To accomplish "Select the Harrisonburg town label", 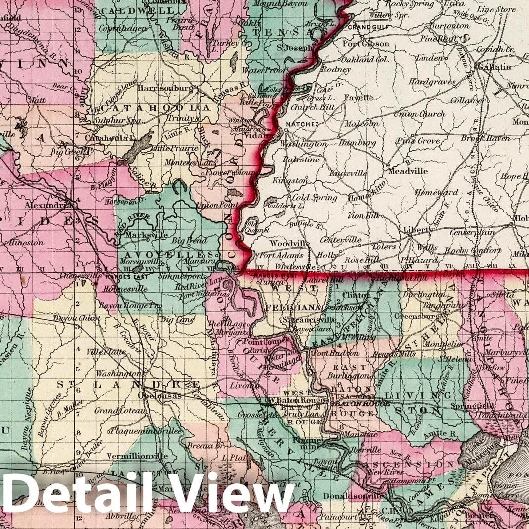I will click(164, 88).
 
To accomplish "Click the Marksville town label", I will click(146, 235).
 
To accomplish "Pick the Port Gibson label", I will click(369, 44).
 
